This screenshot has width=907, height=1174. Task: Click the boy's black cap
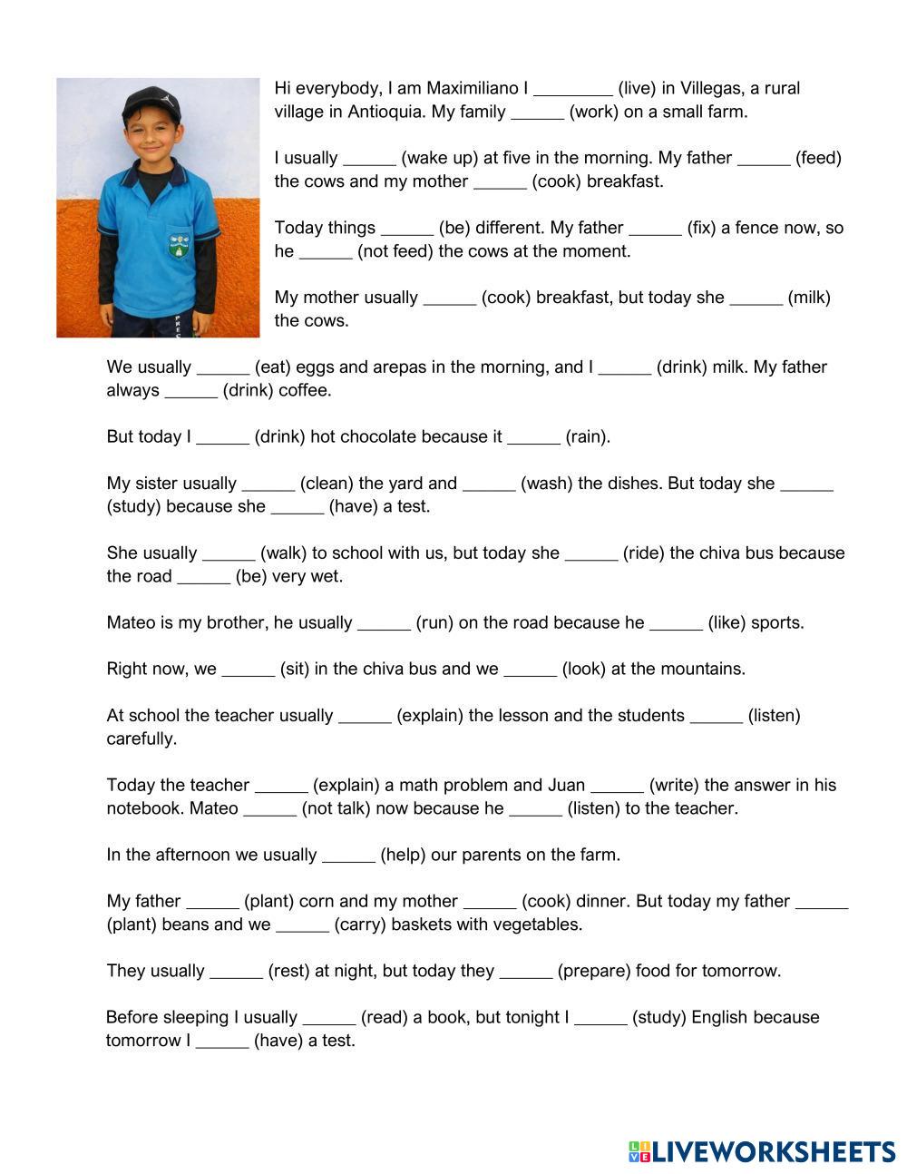point(151,102)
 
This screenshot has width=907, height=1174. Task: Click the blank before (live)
point(572,90)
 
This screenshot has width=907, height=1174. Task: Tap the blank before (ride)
point(590,554)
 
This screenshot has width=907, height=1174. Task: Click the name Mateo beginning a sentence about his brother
point(130,622)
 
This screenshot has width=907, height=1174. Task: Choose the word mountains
point(700,669)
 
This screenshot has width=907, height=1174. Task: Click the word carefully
point(141,739)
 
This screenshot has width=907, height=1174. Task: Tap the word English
point(720,1017)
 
